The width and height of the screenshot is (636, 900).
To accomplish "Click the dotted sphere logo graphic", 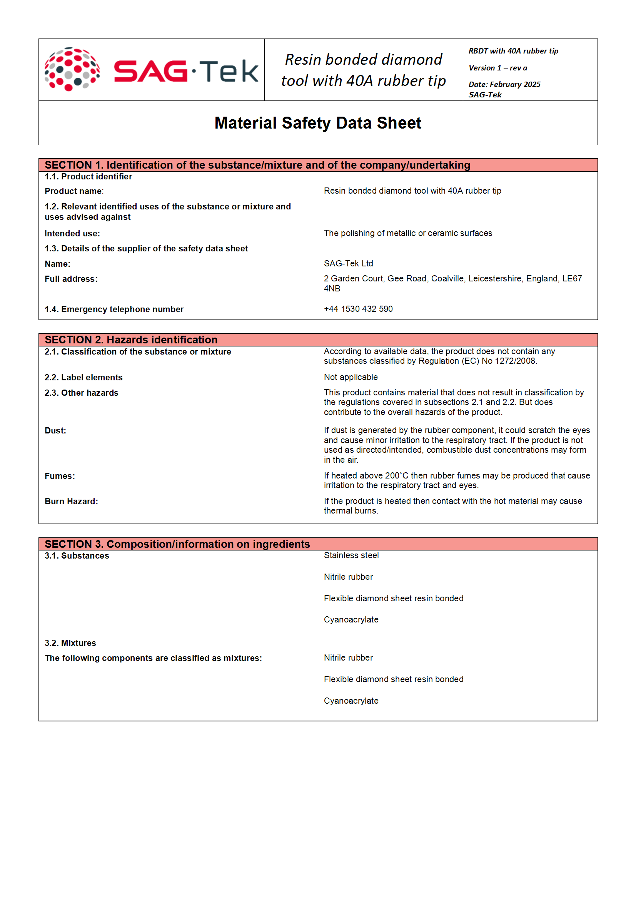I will (72, 69).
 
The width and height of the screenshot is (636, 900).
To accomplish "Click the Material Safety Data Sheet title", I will (317, 123).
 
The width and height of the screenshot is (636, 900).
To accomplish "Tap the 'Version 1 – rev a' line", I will (497, 68).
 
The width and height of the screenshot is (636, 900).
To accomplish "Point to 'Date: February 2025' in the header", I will (504, 84).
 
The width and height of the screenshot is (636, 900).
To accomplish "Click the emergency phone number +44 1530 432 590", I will (358, 309).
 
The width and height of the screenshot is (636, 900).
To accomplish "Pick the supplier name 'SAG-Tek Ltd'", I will (348, 263).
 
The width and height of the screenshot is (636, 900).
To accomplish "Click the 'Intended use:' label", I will (72, 234).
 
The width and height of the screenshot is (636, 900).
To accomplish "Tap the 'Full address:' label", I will (71, 279).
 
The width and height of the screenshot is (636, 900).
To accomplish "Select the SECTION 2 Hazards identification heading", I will (131, 340).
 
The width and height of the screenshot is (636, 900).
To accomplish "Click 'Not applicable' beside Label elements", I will (351, 377).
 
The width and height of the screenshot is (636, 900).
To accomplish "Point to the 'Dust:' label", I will (55, 430).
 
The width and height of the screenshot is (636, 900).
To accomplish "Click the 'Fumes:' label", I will (60, 476).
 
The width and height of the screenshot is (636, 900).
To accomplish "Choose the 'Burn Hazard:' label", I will (71, 501).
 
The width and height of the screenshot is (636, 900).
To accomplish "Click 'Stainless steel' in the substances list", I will (351, 555).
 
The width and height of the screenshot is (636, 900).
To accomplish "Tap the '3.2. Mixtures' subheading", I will (70, 643).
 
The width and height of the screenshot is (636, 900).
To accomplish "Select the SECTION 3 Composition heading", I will (177, 544).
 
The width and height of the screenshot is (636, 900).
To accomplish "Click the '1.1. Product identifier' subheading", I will (88, 177).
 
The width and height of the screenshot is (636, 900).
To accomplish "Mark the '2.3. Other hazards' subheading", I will (81, 393).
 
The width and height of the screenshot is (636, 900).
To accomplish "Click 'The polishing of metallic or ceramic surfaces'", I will (407, 233).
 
